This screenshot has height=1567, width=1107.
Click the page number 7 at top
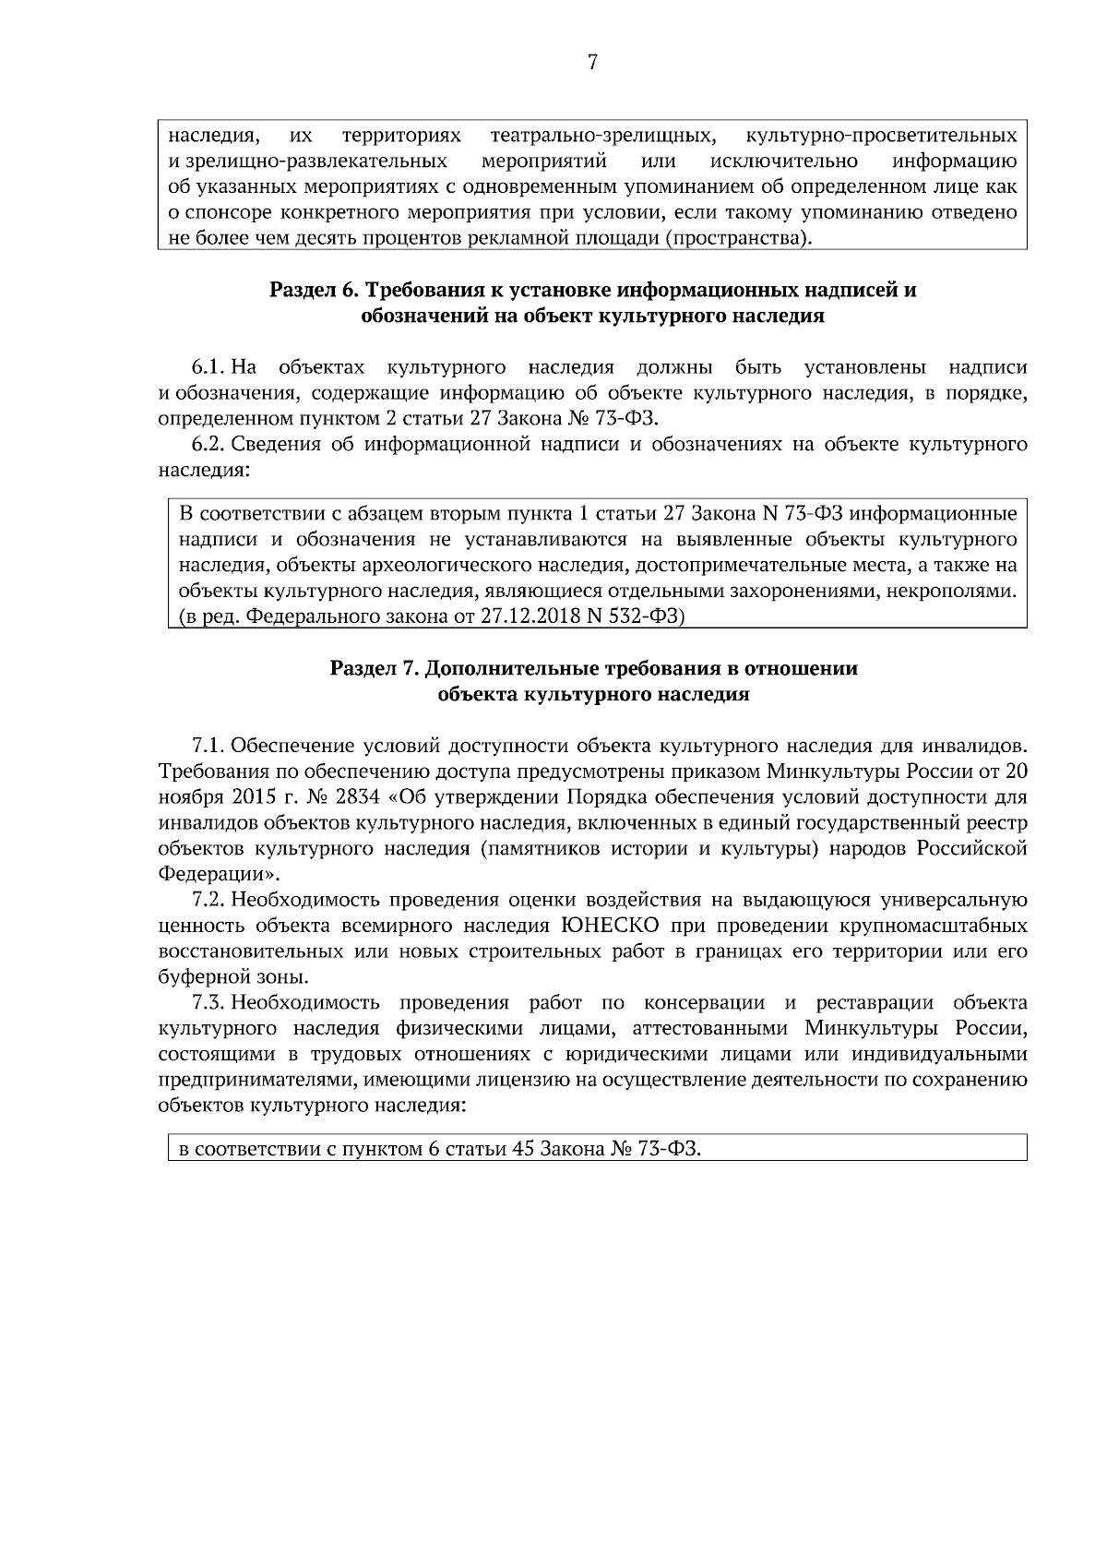592,63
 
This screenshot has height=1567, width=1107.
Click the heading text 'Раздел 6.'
313,291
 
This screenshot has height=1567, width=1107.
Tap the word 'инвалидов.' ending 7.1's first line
979,745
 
